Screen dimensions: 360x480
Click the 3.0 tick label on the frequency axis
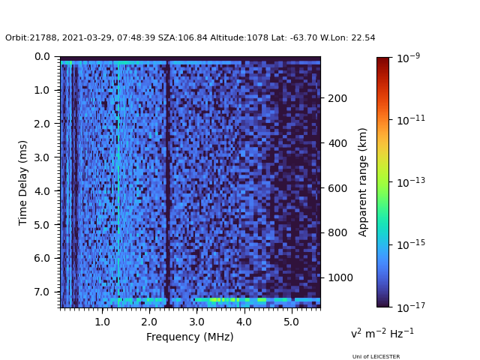196,322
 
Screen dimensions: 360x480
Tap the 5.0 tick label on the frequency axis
291,322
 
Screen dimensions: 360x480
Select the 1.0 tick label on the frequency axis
102,322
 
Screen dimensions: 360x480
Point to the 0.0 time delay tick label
42,56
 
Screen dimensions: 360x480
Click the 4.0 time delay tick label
42,191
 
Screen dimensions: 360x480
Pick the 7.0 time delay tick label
42,292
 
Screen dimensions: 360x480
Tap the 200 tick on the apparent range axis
337,98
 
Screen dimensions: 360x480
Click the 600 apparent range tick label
337,188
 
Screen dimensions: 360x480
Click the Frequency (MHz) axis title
190,337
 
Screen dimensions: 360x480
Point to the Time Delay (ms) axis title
23,182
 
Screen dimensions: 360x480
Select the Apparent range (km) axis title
363,181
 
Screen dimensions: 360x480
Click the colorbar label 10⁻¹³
409,181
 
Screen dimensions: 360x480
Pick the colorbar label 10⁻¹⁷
409,306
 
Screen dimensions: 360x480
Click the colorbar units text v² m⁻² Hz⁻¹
382,333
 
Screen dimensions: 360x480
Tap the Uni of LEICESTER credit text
376,357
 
